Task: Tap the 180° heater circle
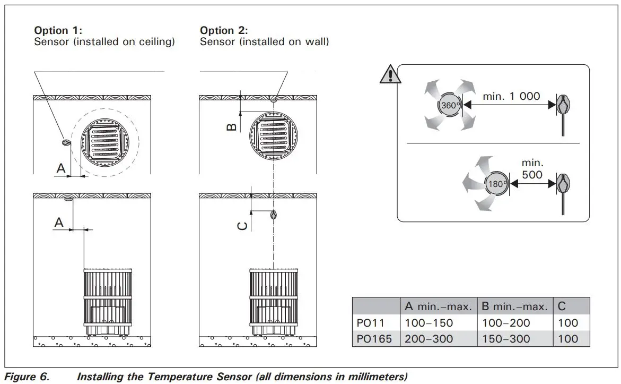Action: pyautogui.click(x=497, y=184)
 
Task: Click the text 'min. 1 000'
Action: pyautogui.click(x=511, y=96)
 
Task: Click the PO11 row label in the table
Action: pyautogui.click(x=367, y=323)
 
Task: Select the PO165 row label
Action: pyautogui.click(x=371, y=339)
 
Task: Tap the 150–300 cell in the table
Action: pyautogui.click(x=506, y=339)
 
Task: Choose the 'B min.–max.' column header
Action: pyautogui.click(x=514, y=306)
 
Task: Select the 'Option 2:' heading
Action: pyautogui.click(x=223, y=30)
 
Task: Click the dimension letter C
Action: pyautogui.click(x=242, y=226)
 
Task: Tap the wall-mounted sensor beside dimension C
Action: pyautogui.click(x=273, y=215)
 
